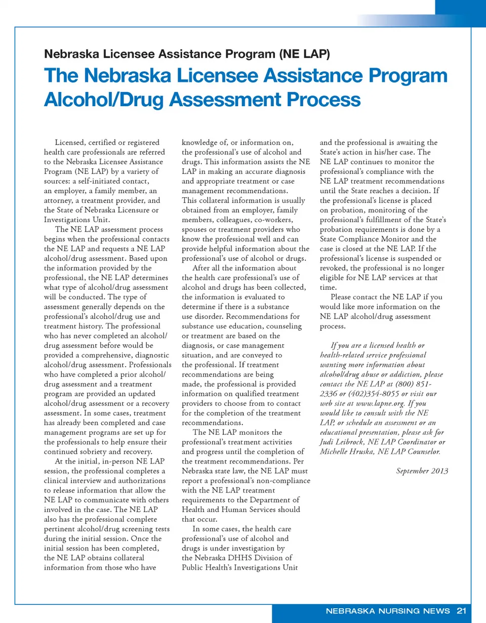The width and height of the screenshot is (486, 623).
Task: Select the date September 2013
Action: [421, 471]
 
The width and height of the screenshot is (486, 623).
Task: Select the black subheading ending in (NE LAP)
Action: [187, 54]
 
